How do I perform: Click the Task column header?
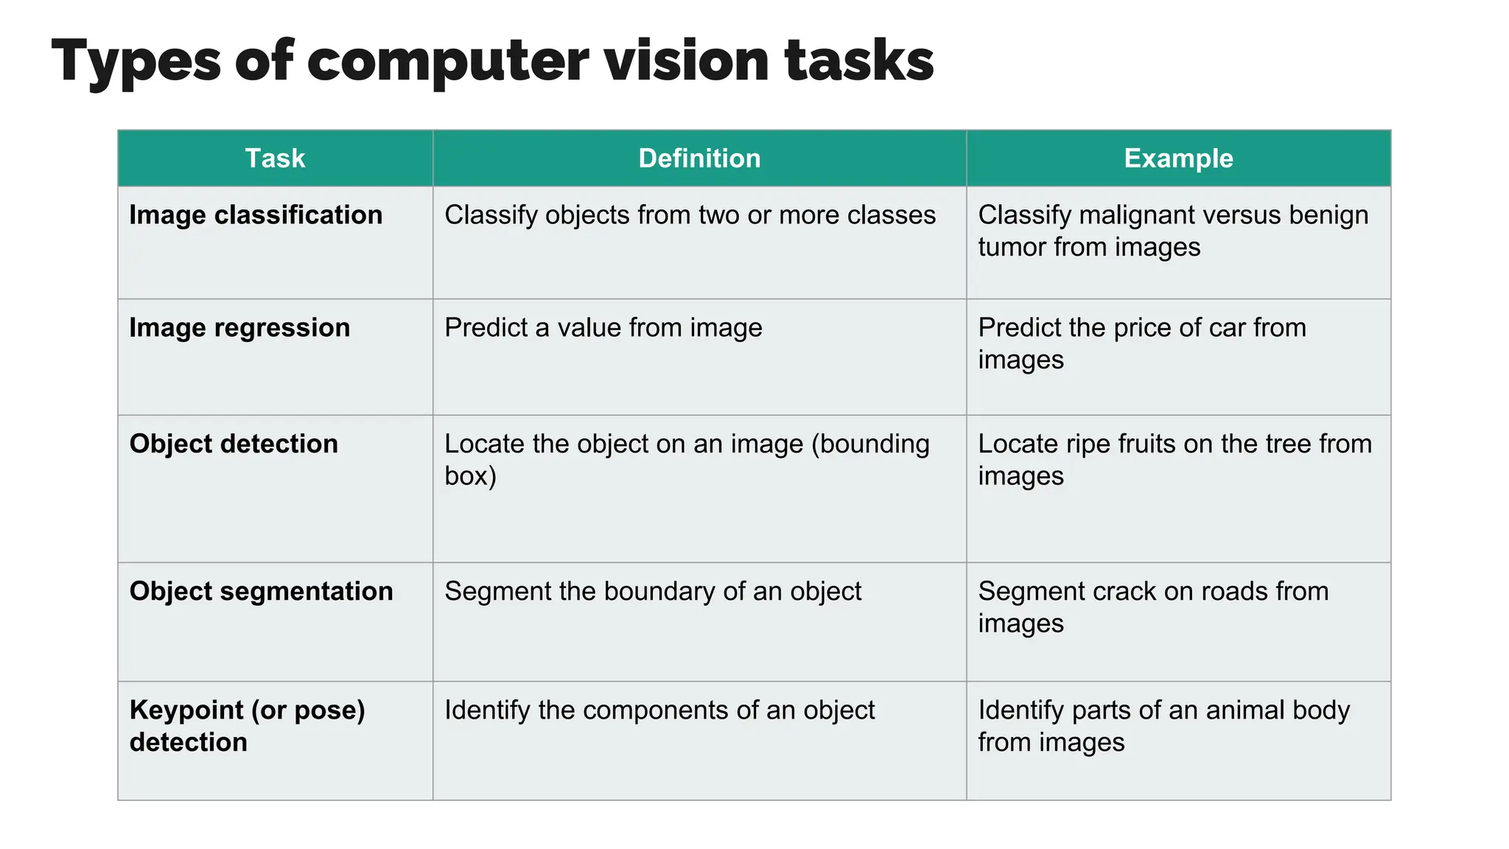[x=275, y=158]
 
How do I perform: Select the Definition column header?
[x=699, y=158]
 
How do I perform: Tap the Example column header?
[x=1178, y=158]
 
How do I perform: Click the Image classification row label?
[x=256, y=215]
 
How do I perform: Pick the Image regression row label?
[x=239, y=328]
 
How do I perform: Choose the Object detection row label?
[x=234, y=444]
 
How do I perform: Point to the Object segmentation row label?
[x=261, y=591]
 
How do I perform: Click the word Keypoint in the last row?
[x=186, y=710]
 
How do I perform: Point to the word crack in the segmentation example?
[x=1127, y=591]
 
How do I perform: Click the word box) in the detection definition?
[x=470, y=476]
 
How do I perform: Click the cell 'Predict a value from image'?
[x=603, y=328]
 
